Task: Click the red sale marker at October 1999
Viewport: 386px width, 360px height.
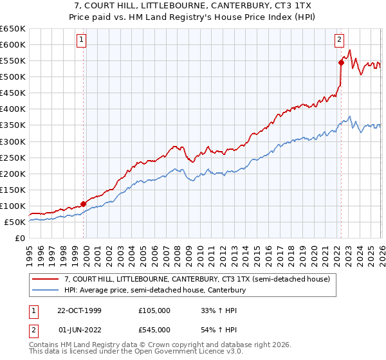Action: click(x=84, y=204)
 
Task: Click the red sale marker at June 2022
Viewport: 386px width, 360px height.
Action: click(x=341, y=62)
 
